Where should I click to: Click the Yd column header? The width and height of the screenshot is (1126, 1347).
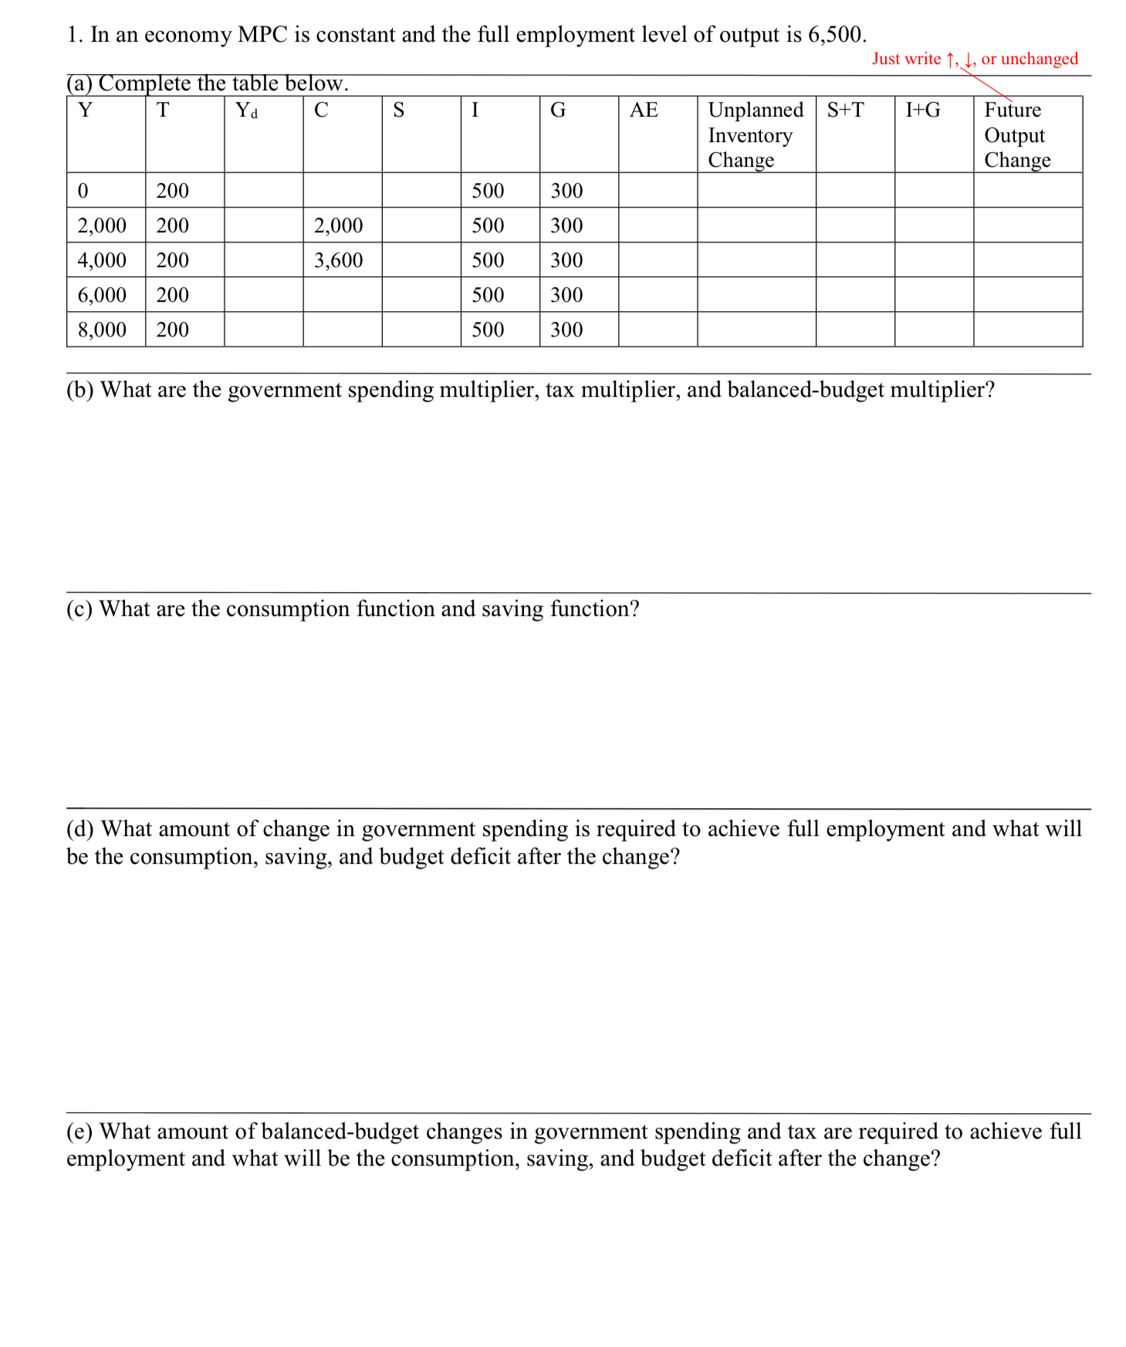point(246,110)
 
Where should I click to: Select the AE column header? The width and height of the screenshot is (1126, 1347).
point(644,110)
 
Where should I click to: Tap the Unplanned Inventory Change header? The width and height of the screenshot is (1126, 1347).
point(755,134)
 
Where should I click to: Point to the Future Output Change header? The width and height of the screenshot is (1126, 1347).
point(1016,134)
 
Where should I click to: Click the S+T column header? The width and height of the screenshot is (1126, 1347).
point(845,110)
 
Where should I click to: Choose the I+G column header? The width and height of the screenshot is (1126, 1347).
point(922,110)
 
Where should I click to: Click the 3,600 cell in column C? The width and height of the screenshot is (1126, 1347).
point(338,260)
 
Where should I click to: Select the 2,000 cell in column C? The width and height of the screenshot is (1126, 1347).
point(338,225)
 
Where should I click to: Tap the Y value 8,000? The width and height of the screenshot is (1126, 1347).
point(102,330)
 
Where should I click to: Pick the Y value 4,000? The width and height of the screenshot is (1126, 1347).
point(102,260)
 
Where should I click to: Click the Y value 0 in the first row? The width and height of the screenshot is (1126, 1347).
point(83,191)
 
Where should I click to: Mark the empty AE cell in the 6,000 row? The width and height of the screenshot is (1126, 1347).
point(657,295)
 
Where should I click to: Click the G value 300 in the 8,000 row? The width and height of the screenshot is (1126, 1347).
point(566,330)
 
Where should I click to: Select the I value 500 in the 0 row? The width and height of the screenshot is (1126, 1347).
point(488,191)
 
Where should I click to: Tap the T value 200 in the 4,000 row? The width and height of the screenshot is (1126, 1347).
point(172,260)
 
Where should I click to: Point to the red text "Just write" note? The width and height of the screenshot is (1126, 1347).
point(906,59)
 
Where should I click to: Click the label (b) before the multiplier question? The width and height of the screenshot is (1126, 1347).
point(80,390)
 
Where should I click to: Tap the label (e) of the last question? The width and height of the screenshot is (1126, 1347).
point(79,1132)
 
